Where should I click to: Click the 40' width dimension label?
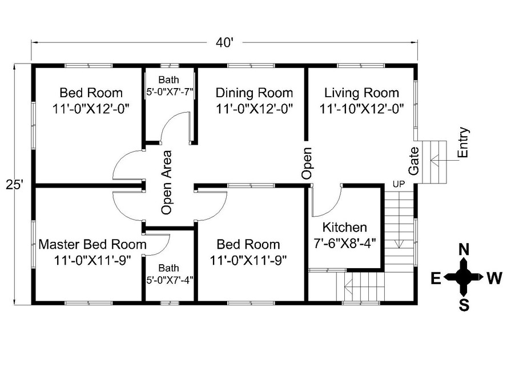[x=224, y=42]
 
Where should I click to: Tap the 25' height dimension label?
[x=14, y=185]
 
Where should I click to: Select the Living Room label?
[x=361, y=93]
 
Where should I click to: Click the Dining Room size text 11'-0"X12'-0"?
[x=254, y=109]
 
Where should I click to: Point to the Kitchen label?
[x=345, y=228]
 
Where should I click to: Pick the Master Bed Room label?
[x=92, y=244]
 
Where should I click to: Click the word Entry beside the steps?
[x=464, y=142]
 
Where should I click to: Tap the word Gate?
[x=413, y=161]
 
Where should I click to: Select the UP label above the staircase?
[x=399, y=184]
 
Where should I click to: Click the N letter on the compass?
[x=464, y=250]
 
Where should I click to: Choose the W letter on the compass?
[x=494, y=278]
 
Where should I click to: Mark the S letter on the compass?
[x=464, y=305]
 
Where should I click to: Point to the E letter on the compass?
[x=436, y=278]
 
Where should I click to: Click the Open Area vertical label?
[x=167, y=182]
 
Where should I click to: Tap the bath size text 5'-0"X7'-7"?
[x=170, y=93]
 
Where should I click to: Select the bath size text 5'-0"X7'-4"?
[x=170, y=280]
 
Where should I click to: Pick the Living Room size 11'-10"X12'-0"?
[x=362, y=109]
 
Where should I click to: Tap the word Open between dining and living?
[x=307, y=163]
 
